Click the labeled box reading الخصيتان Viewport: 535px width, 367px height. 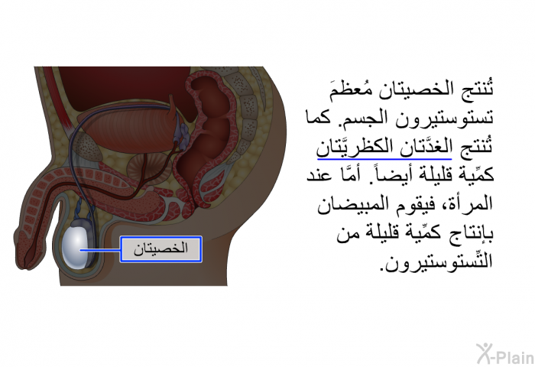point(160,249)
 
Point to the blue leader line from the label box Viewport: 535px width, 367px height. point(100,250)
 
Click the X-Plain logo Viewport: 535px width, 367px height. point(505,353)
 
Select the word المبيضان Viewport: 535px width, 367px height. point(354,204)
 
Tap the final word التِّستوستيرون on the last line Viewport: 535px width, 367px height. point(437,262)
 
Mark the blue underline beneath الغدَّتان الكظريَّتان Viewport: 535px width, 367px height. point(384,159)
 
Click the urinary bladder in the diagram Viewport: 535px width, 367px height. point(126,127)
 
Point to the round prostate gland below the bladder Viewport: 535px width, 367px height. point(141,167)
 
